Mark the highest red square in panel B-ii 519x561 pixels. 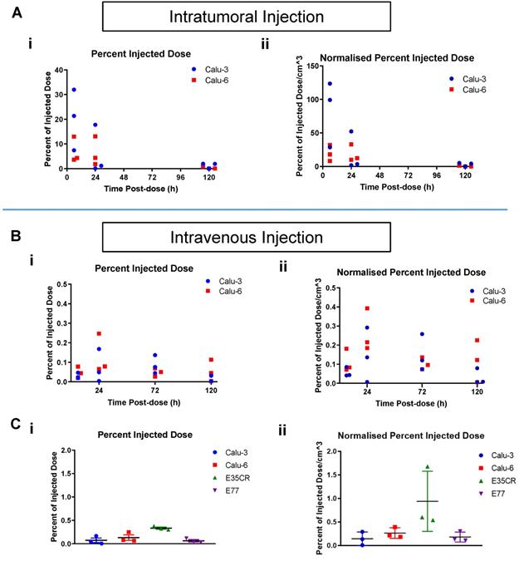coord(367,308)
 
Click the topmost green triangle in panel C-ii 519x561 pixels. coord(427,468)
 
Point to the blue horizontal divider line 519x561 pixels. coord(259,209)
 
